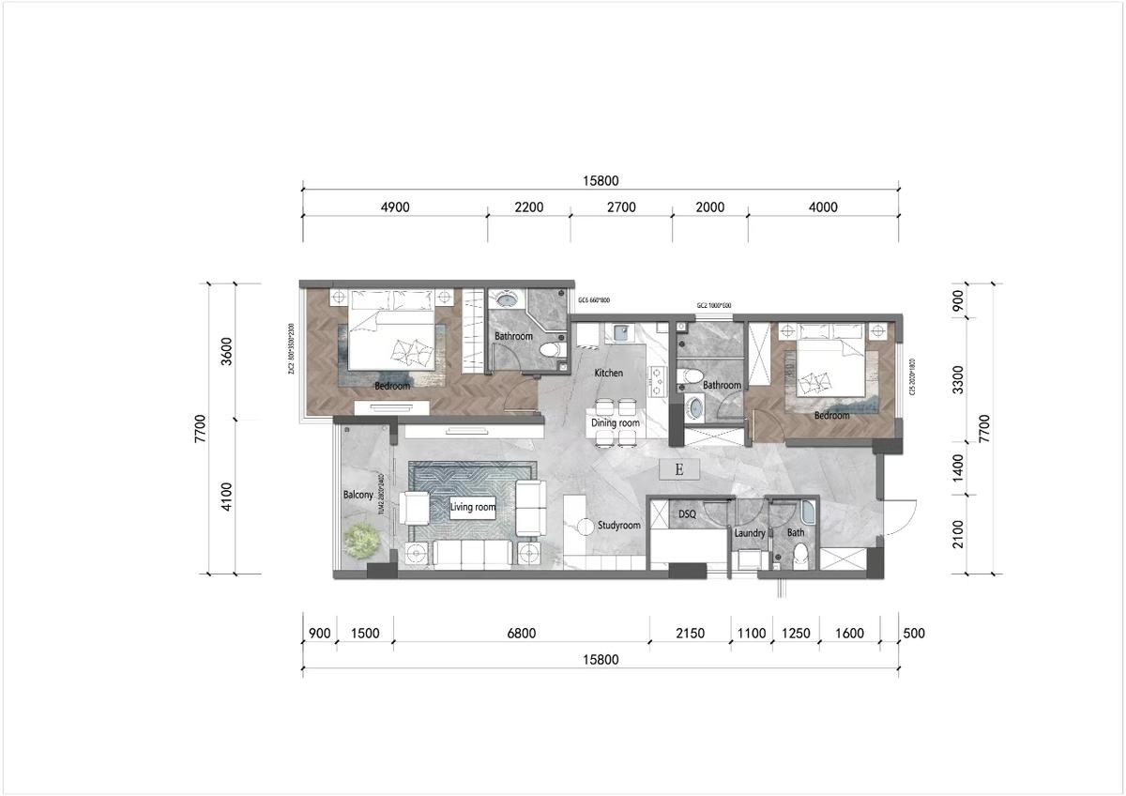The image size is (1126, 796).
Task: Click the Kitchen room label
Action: tap(608, 374)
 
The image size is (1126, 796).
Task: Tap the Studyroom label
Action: tap(619, 526)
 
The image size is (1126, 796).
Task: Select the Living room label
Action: tap(472, 507)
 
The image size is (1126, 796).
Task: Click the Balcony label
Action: tap(358, 495)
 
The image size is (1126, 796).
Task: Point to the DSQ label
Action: tap(688, 514)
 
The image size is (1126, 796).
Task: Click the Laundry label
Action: tap(750, 533)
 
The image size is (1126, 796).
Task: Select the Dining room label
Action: tap(615, 423)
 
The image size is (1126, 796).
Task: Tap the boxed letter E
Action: tap(679, 469)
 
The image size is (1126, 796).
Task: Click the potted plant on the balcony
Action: tap(362, 540)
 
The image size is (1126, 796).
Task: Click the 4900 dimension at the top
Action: tap(394, 207)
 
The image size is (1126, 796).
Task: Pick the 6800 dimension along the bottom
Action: tap(521, 634)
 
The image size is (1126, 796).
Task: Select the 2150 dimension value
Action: tap(690, 634)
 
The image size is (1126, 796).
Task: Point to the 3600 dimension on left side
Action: tap(227, 350)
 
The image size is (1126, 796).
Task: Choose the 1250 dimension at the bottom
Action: tap(795, 634)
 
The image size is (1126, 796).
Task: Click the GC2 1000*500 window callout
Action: tap(714, 306)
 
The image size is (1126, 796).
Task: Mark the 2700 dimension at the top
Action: tap(621, 207)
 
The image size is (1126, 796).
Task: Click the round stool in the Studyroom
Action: tap(586, 527)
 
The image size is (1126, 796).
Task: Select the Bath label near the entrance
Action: tap(795, 533)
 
